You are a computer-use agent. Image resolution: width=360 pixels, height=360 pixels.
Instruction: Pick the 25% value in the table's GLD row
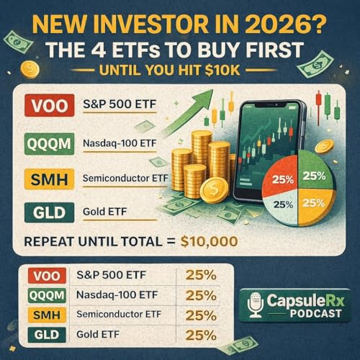pos(201,334)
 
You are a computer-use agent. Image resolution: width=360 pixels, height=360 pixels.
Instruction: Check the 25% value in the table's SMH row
pos(201,314)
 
